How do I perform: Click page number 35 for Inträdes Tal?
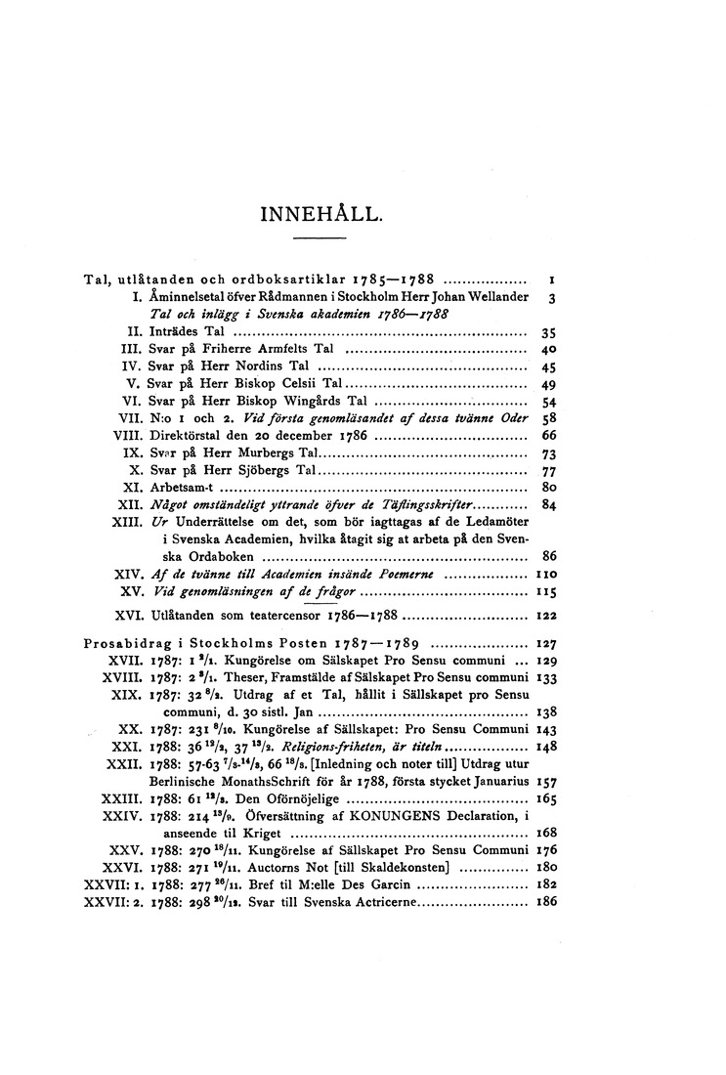tap(548, 332)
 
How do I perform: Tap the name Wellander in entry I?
tap(492, 296)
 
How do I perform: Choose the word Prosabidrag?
tap(116, 644)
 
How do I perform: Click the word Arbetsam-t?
tap(181, 485)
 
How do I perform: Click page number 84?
tap(548, 504)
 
